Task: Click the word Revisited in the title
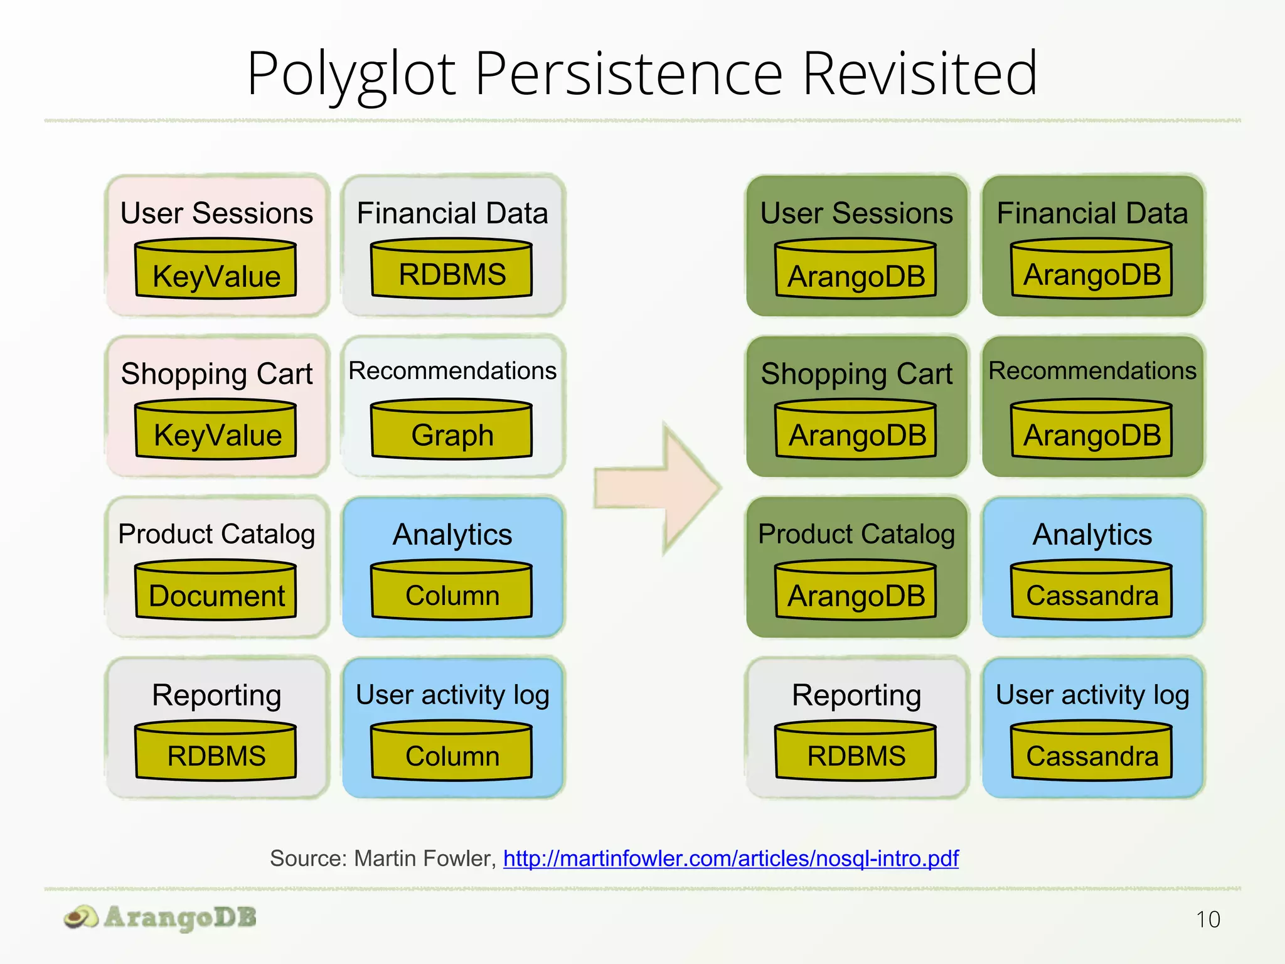919,74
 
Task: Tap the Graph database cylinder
452,430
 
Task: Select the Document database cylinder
216,591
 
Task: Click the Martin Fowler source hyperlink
730,858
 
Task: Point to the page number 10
1207,919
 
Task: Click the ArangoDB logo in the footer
161,918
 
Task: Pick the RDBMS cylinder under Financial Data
452,269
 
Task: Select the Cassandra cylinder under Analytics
1092,591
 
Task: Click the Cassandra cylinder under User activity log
1092,751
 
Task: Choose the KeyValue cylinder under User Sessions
216,269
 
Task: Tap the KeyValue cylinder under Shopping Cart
216,430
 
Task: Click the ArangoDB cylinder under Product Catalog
856,591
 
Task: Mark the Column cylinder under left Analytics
452,591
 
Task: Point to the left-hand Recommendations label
452,371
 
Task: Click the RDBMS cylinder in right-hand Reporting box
856,751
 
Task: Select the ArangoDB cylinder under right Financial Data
1092,269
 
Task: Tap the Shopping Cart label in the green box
856,374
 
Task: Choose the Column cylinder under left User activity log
452,751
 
